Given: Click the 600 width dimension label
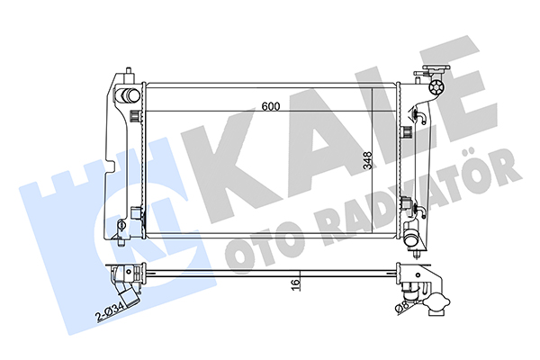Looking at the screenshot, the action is (271, 106).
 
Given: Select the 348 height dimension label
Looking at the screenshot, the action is (368, 160).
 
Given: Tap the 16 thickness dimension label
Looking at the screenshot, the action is (295, 284).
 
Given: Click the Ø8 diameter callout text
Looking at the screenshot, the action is (402, 307).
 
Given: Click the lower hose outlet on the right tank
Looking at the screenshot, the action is (411, 238).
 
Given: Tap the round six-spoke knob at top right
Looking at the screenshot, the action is (436, 87).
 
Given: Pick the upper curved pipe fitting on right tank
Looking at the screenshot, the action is (420, 116).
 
